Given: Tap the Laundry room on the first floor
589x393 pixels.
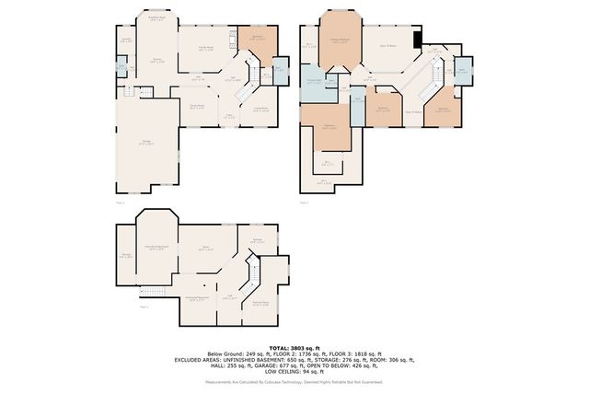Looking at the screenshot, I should click(124, 40).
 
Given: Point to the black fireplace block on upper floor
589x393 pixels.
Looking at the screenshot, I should click(418, 39).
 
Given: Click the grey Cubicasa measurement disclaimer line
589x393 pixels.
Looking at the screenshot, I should click(294, 381).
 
